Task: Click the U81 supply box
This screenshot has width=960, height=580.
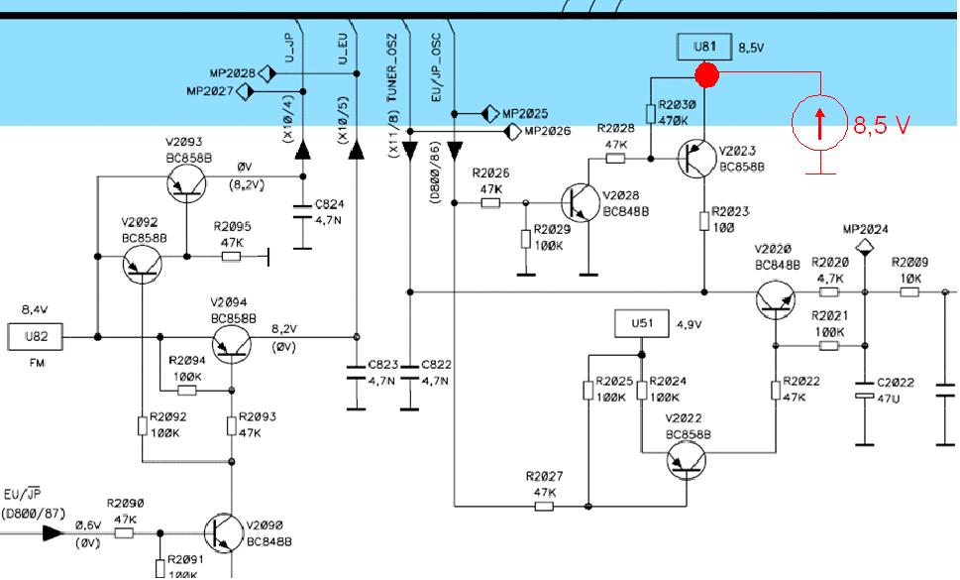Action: [x=704, y=48]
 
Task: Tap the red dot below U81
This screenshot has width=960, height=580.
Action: [x=706, y=74]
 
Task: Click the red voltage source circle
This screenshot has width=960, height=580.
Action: [x=819, y=123]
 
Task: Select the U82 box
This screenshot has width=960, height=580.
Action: [x=36, y=337]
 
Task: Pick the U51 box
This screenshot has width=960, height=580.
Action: [x=642, y=323]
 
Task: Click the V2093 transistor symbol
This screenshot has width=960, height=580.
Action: [x=186, y=183]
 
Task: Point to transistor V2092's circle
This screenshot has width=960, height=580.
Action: [x=142, y=264]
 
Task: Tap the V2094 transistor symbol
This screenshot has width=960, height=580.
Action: [x=232, y=344]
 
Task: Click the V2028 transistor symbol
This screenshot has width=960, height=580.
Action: [x=581, y=202]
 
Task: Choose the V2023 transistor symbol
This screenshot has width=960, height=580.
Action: [x=696, y=159]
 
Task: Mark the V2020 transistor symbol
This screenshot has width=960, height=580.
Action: [x=776, y=299]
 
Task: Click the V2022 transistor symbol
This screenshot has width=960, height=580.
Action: [x=686, y=461]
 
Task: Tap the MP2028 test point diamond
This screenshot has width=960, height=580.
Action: [x=267, y=74]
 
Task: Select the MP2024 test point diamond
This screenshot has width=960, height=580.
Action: [x=865, y=248]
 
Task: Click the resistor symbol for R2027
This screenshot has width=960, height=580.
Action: [x=544, y=507]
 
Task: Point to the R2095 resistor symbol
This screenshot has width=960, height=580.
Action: [x=231, y=257]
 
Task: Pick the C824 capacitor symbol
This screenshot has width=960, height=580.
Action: [x=302, y=211]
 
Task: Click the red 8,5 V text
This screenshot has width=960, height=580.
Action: [x=882, y=125]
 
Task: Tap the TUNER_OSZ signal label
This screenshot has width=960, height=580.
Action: [x=392, y=67]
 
